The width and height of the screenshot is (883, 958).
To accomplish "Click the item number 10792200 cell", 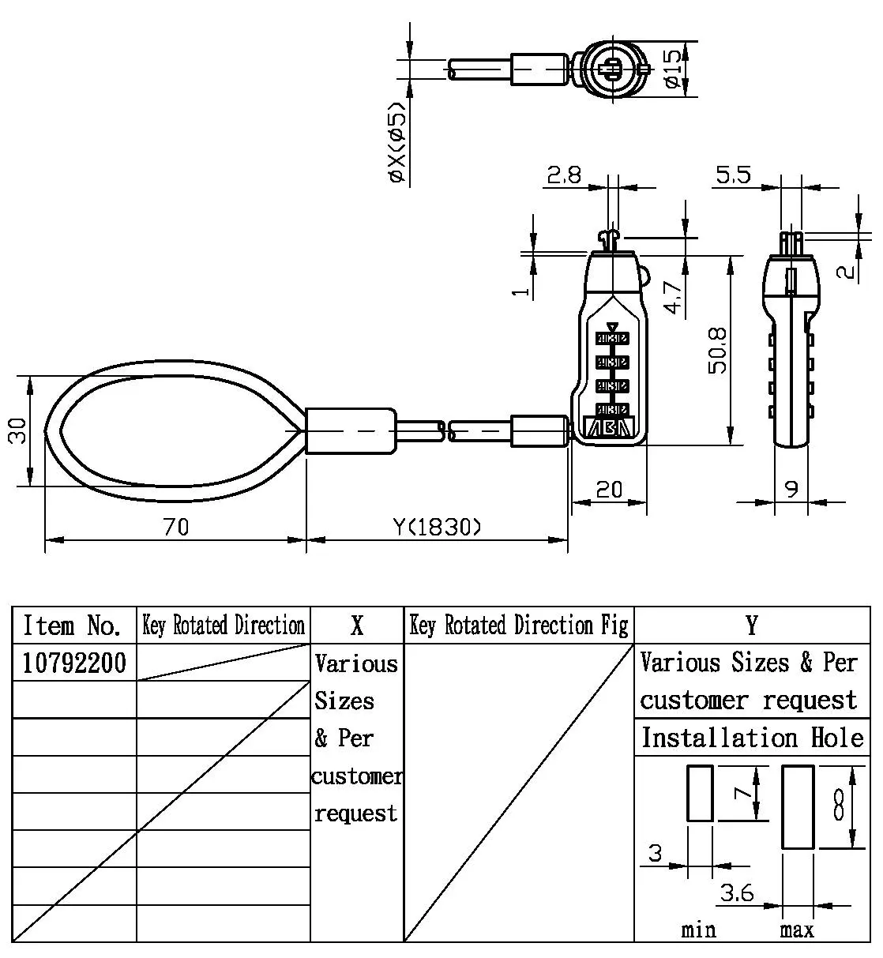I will click(74, 663).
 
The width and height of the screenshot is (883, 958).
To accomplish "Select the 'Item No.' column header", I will click(73, 626).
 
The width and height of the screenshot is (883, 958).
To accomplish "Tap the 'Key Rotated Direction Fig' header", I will click(519, 626).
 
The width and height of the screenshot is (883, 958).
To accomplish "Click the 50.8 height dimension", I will click(717, 351).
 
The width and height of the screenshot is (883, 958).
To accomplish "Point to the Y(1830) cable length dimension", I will click(437, 526).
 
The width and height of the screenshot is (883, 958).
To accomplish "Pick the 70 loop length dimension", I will click(176, 526).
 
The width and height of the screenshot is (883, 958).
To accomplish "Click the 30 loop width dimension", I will click(17, 430).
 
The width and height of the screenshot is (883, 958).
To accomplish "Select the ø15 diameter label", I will click(671, 69).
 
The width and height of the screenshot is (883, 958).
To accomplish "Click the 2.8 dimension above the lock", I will click(565, 175).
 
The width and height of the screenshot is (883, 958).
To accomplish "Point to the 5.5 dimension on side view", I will click(733, 175).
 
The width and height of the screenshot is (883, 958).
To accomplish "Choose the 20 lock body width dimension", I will click(609, 490).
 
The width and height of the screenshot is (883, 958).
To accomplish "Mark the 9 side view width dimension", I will click(791, 490).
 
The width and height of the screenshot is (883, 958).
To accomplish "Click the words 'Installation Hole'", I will click(752, 738).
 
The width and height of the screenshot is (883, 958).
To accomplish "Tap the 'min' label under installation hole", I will click(699, 930).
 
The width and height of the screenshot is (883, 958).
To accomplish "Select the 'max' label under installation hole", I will click(797, 930).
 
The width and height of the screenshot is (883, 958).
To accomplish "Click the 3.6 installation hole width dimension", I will click(737, 893).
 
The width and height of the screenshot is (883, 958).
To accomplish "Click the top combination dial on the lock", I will click(612, 339).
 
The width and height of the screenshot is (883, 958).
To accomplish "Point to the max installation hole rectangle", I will click(798, 806).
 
